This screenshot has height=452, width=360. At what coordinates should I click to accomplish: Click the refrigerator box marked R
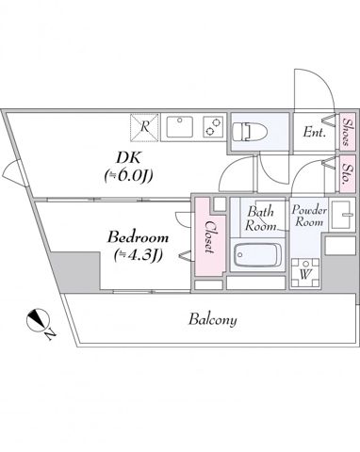(143, 125)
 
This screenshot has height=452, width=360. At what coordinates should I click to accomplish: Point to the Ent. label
(315, 134)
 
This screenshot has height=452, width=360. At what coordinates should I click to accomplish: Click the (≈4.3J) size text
(133, 254)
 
